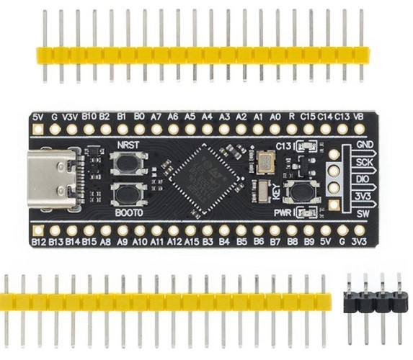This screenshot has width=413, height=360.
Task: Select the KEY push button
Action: (298, 192)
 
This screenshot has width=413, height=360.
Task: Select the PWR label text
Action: (283, 213)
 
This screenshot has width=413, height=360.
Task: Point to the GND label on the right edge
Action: (363, 145)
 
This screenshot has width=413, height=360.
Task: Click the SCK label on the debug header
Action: (363, 163)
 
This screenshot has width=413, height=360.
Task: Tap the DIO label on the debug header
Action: (363, 180)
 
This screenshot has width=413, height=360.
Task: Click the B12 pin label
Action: (39, 243)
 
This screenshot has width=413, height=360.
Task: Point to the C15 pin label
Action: (308, 116)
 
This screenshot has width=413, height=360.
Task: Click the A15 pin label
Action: (191, 243)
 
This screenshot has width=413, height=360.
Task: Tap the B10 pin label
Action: (89, 116)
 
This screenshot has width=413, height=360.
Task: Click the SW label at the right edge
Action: (363, 214)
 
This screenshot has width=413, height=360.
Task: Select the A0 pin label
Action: (275, 116)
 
